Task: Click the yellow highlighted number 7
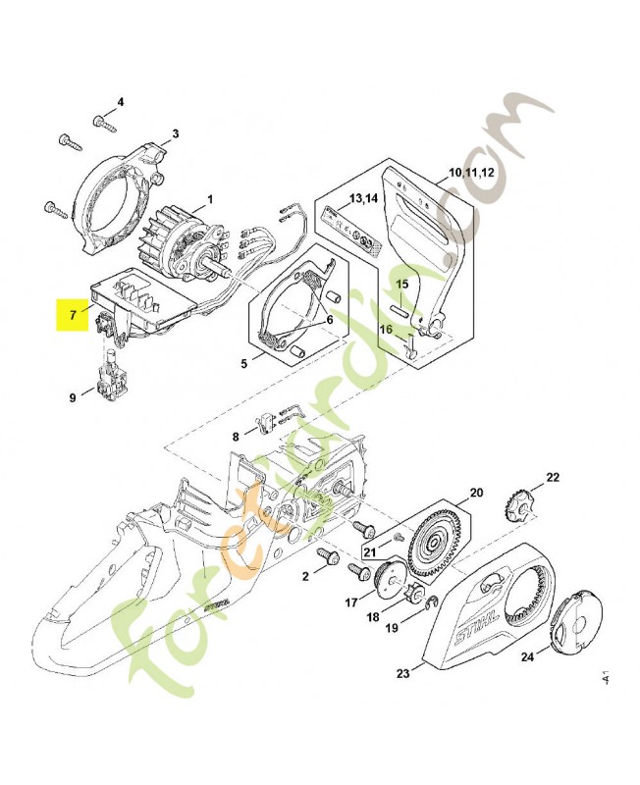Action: click(x=73, y=316)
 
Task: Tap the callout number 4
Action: click(x=121, y=102)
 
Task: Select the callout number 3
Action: click(x=175, y=133)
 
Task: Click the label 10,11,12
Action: click(x=471, y=173)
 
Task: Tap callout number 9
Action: click(x=72, y=397)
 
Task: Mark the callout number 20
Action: click(x=475, y=492)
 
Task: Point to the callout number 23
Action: click(x=402, y=673)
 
